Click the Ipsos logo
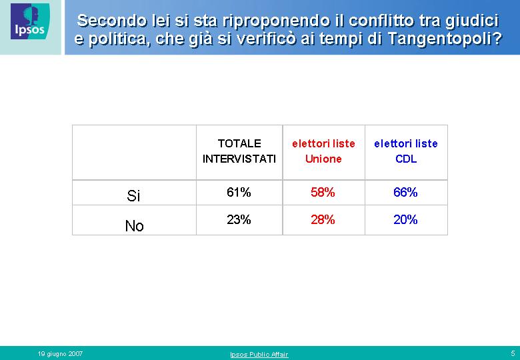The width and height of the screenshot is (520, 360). (30, 21)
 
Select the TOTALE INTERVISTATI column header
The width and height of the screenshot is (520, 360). (239, 151)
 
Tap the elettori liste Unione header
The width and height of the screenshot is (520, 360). (323, 151)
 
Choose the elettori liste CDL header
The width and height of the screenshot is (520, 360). (406, 151)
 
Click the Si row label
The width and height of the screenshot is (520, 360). (133, 196)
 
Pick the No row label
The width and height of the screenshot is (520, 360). (134, 226)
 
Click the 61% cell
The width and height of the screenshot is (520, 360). (239, 192)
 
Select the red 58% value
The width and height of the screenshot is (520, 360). (323, 192)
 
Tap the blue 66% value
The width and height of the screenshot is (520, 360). (405, 192)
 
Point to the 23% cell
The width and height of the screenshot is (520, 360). (239, 219)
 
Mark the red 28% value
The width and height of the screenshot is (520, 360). (323, 219)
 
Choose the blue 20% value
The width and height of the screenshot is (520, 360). (405, 219)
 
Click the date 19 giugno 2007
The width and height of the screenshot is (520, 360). (60, 354)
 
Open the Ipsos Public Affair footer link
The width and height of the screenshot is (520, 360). (259, 355)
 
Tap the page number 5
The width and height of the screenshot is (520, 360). (513, 353)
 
